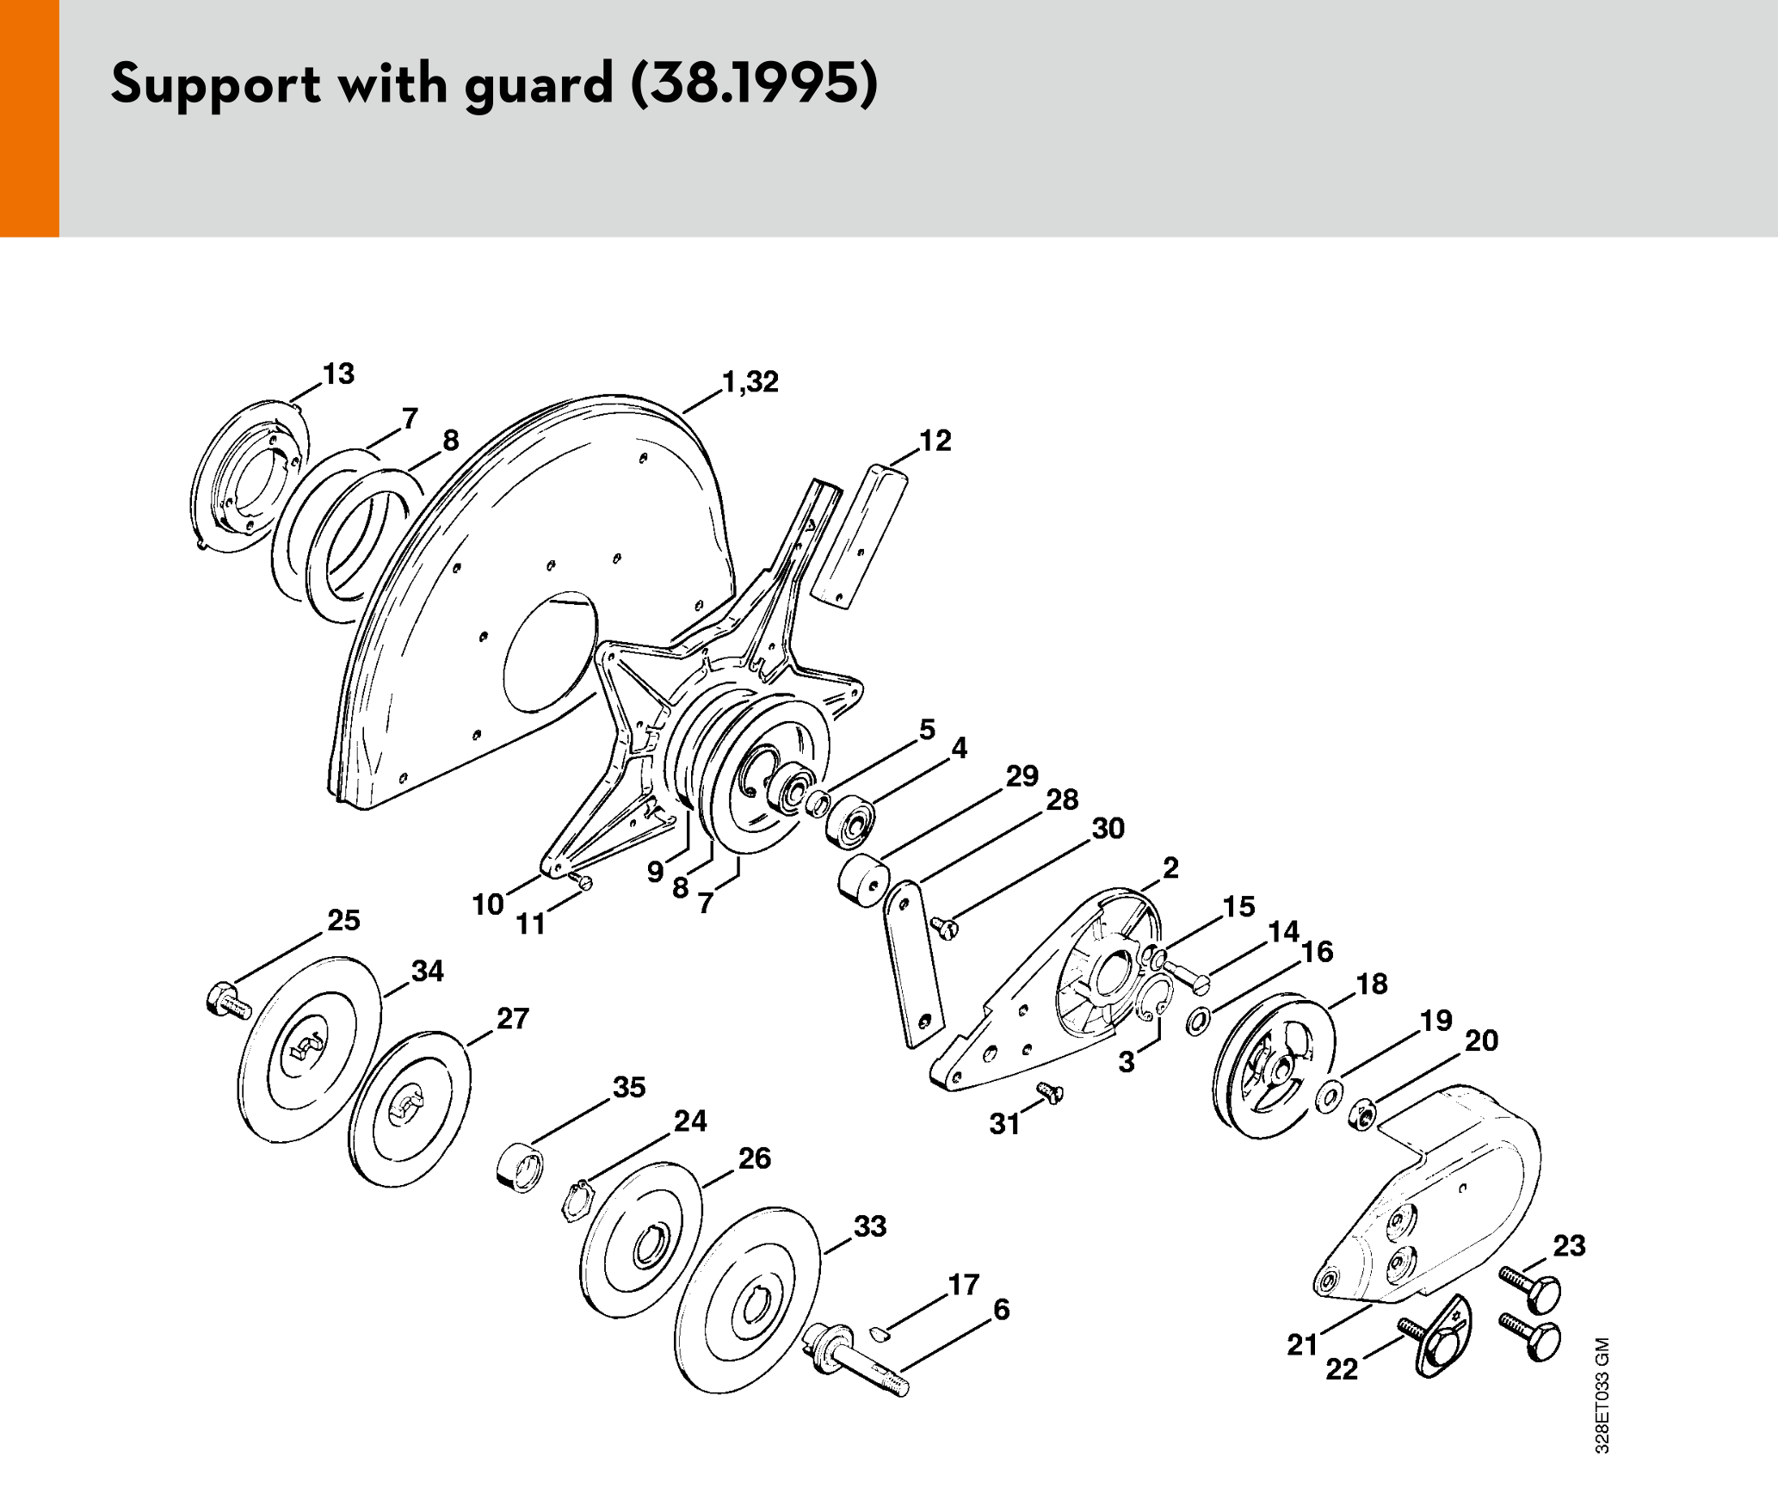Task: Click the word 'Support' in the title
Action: (216, 84)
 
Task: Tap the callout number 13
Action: (338, 374)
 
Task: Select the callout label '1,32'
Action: (750, 381)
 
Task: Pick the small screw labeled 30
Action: (945, 927)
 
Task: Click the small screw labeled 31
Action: (1051, 1092)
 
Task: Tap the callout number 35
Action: (629, 1087)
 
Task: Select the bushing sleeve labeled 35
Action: (521, 1168)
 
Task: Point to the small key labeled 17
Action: (879, 1333)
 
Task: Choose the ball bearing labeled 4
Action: (851, 822)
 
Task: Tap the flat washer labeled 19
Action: (1330, 1096)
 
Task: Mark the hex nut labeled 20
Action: (1362, 1115)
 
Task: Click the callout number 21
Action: (1302, 1343)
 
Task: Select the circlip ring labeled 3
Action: (1153, 998)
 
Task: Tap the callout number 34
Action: (428, 972)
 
